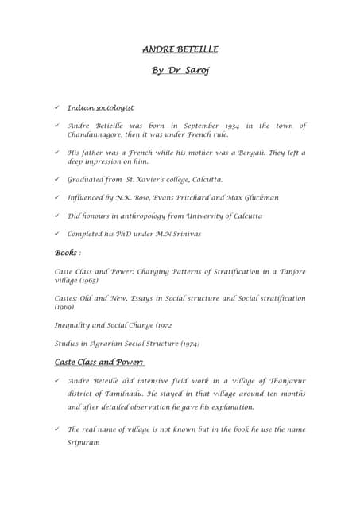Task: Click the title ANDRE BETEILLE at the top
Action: point(180,49)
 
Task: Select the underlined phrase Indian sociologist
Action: point(100,107)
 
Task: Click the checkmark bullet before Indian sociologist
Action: point(56,107)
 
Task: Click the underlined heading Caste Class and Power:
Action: point(99,363)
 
